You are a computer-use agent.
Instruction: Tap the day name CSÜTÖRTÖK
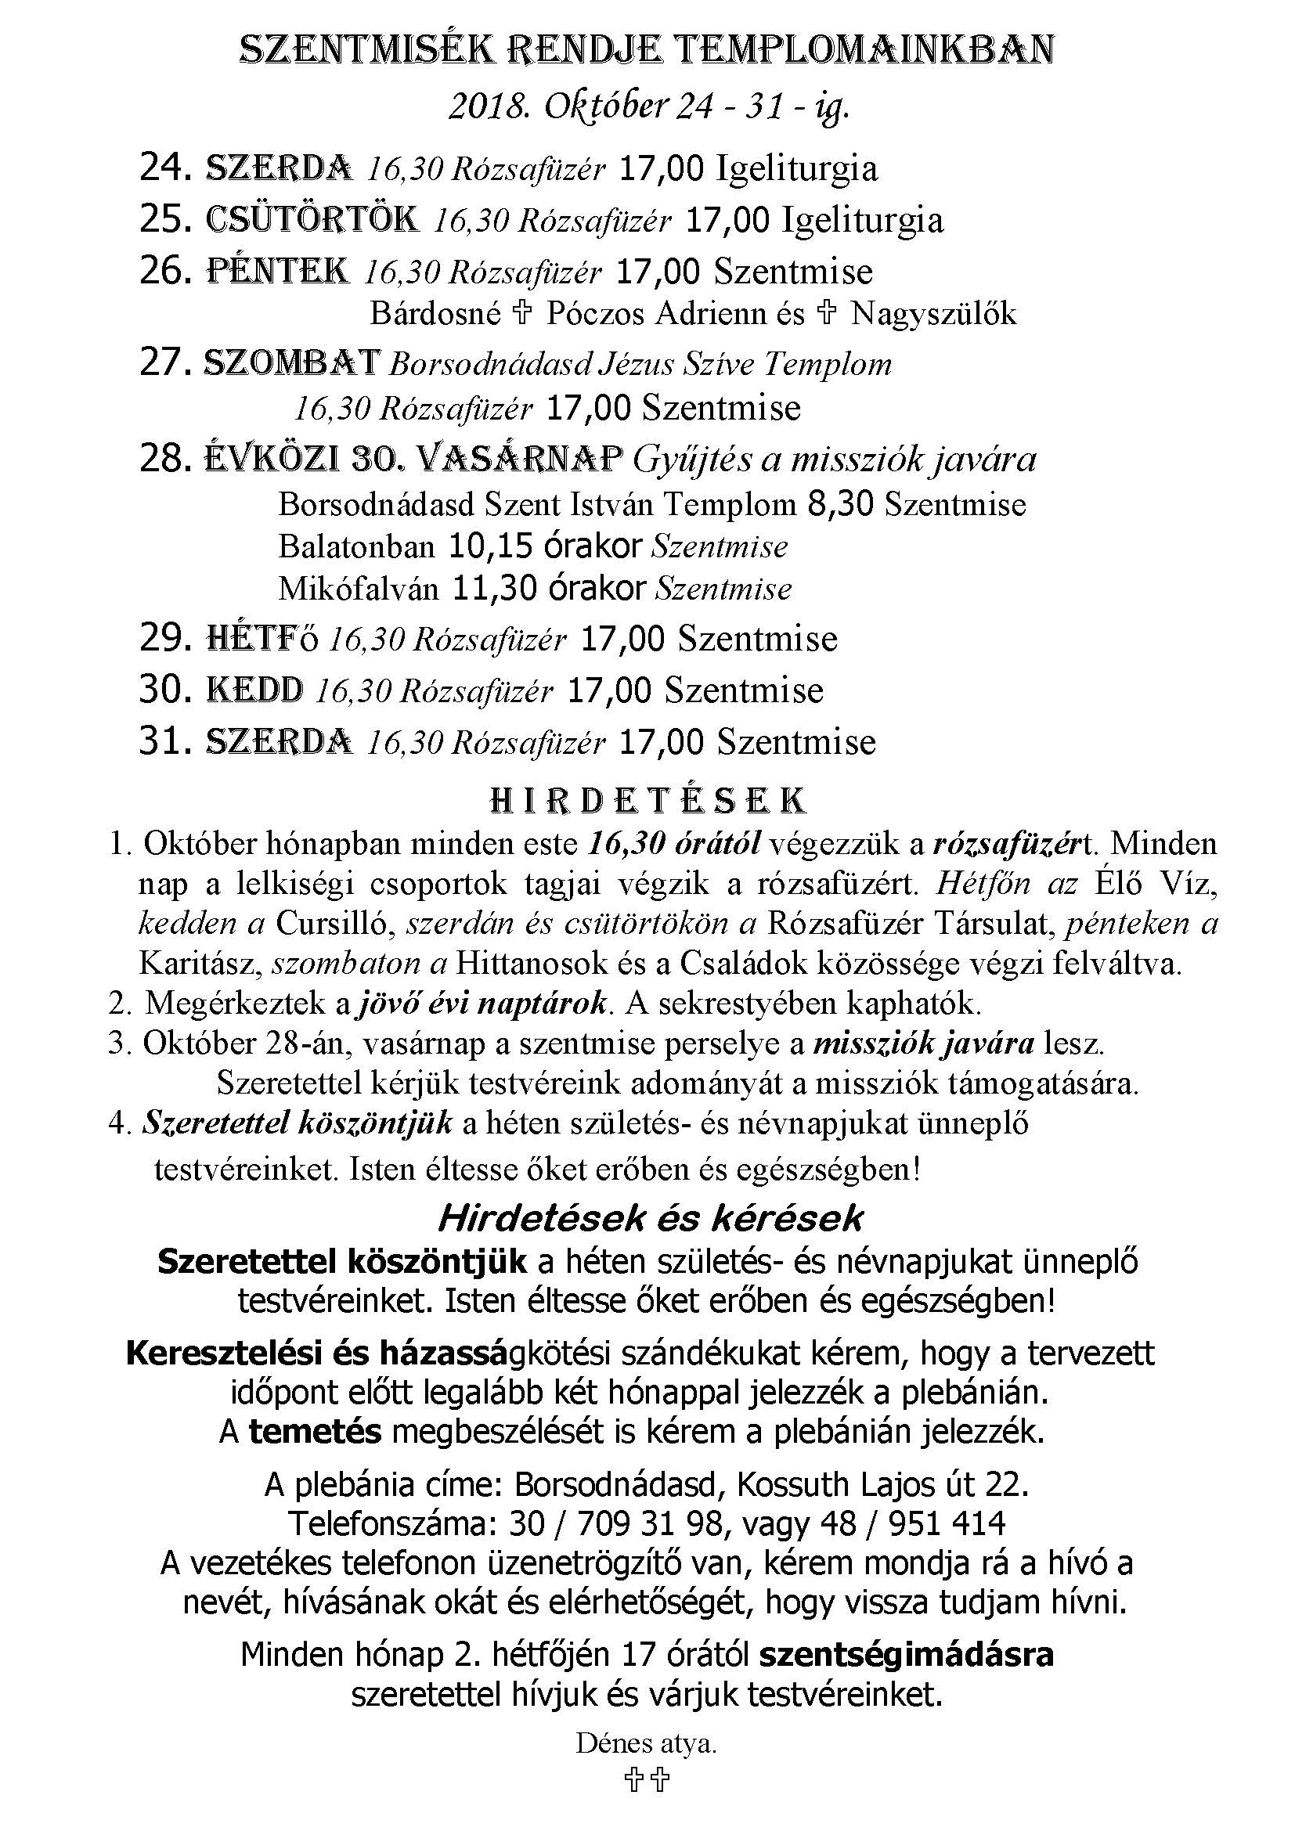pos(312,219)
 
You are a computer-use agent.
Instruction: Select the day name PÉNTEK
pos(277,271)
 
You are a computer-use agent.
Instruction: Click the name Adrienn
pos(711,314)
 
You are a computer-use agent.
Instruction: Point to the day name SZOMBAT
pos(291,364)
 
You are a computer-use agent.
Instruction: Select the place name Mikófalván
pos(358,589)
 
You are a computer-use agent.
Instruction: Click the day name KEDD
pos(254,690)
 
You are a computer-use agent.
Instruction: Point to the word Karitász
pos(200,964)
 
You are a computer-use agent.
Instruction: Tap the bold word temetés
pos(315,1433)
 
